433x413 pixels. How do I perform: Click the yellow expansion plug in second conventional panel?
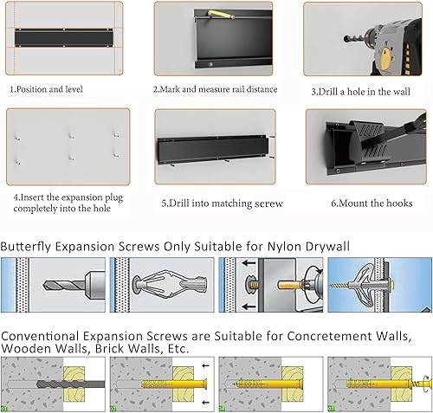coord(160,382)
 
